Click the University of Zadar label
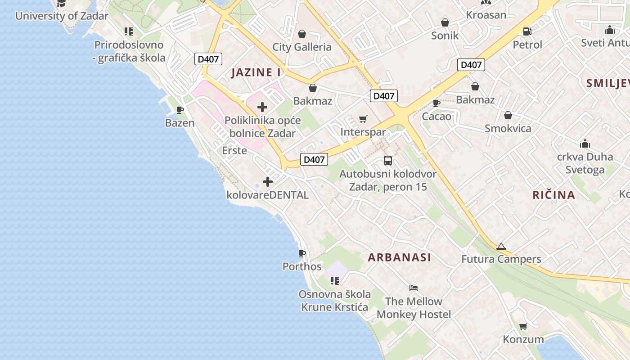pos(62,16)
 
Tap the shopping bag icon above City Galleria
pos(302,34)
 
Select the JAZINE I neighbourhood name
pos(256,72)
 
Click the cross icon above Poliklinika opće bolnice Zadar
pos(262,107)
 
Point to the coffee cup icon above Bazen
pos(180,110)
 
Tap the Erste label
pos(234,150)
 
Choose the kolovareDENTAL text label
pos(268,195)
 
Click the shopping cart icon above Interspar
pos(363,119)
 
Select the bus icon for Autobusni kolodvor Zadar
pos(388,160)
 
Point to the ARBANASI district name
pos(400,257)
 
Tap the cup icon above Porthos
pos(302,253)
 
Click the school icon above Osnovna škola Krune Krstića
pos(334,281)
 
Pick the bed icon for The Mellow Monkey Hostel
pos(414,288)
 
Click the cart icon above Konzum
pos(523,326)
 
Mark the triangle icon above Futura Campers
pos(501,246)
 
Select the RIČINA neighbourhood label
pos(554,195)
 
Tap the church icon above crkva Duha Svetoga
pos(585,144)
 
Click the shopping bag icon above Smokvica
pos(508,115)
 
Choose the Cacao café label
pos(436,117)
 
